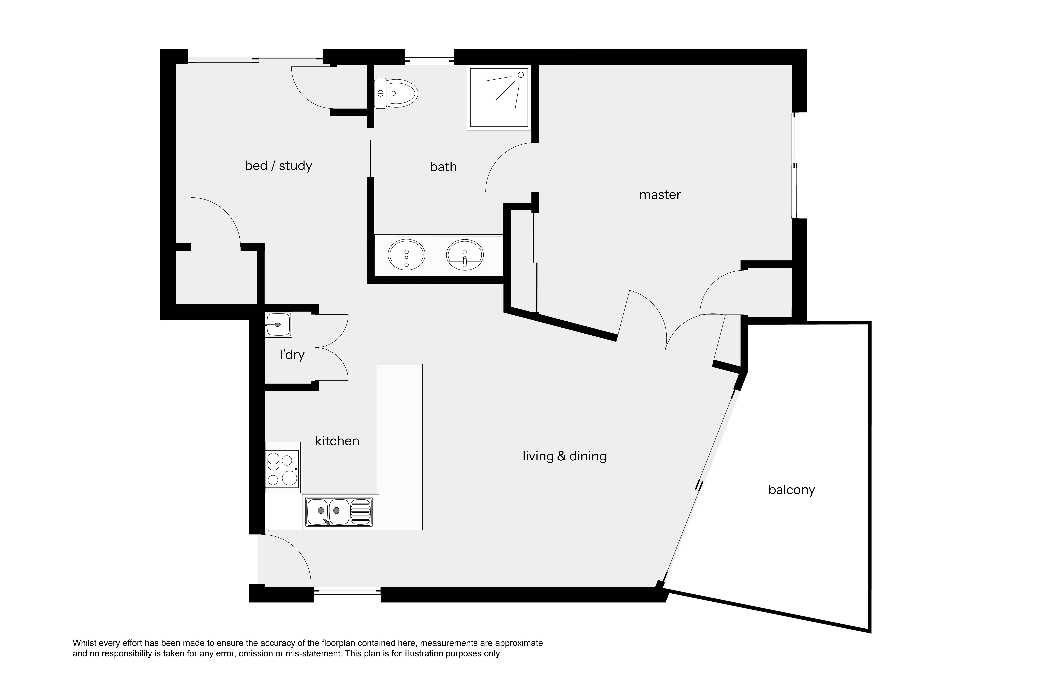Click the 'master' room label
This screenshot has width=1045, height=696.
(x=660, y=195)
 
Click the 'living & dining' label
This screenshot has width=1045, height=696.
(x=564, y=456)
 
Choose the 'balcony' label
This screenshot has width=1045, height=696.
(x=792, y=490)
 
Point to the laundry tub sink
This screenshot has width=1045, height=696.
(x=278, y=324)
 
